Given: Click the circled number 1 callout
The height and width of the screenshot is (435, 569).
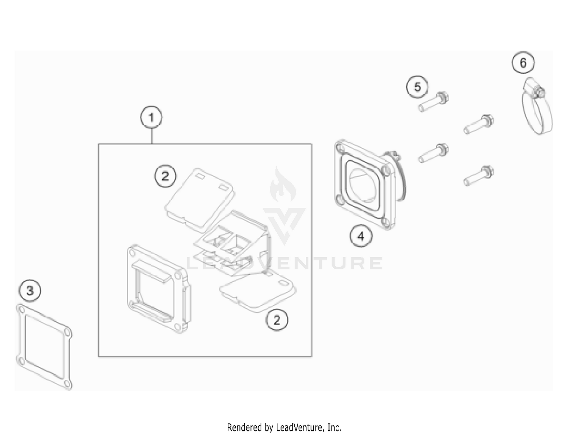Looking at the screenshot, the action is tap(151, 117).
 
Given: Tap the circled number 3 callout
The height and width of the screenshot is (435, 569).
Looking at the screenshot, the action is tap(30, 291).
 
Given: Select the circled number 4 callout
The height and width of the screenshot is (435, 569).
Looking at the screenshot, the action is tap(361, 236).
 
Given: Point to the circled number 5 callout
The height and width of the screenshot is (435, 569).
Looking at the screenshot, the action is tap(417, 87).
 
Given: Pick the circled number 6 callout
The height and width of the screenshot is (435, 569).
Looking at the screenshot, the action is tap(523, 63).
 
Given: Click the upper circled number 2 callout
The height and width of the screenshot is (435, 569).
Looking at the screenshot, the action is tap(165, 176).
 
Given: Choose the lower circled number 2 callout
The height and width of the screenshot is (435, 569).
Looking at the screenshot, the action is tap(277, 320).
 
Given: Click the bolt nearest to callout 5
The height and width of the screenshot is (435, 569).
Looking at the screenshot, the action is tap(434, 102).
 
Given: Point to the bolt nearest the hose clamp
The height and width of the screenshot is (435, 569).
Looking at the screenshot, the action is tap(479, 124).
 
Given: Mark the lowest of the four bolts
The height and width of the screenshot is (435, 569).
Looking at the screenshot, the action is tap(479, 176).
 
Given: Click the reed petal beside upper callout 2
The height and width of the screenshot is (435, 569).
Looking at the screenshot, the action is tap(200, 200).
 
